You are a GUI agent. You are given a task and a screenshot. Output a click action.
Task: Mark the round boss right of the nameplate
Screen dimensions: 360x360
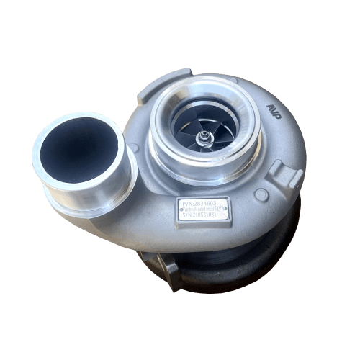261,194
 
